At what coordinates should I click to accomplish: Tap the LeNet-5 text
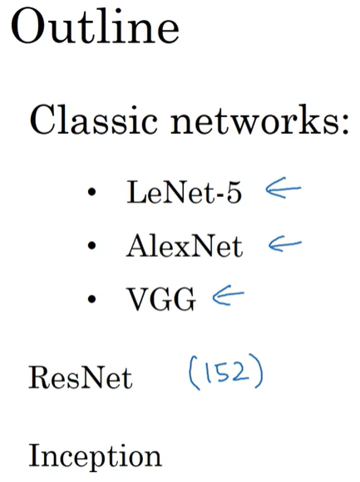[x=185, y=193]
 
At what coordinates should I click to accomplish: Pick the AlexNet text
[x=185, y=247]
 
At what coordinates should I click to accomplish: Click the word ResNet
[x=81, y=378]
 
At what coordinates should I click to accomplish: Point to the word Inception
[x=96, y=456]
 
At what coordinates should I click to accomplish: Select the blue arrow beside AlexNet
[x=284, y=244]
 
